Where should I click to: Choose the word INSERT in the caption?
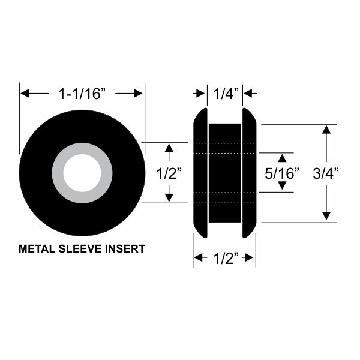coord(125,248)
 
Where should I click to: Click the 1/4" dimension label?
coord(226,93)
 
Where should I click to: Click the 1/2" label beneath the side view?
coord(224,259)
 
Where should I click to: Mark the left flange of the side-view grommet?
coord(200,173)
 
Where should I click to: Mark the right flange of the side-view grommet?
coord(250,173)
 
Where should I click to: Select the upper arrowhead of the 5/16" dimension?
coord(281,158)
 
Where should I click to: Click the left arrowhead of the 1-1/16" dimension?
coord(25,93)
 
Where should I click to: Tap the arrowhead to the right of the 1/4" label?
coord(248,93)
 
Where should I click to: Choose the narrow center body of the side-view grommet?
coord(225,173)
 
